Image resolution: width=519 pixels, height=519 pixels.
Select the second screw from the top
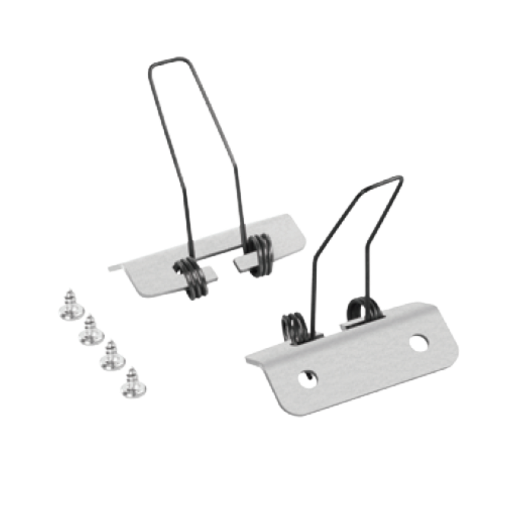click(90, 329)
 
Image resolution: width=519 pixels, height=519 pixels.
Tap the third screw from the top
click(111, 355)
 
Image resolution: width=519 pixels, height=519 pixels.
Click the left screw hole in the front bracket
click(308, 378)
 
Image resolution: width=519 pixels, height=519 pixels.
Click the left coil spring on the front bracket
click(292, 326)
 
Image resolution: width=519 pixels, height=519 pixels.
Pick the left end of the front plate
click(249, 357)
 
